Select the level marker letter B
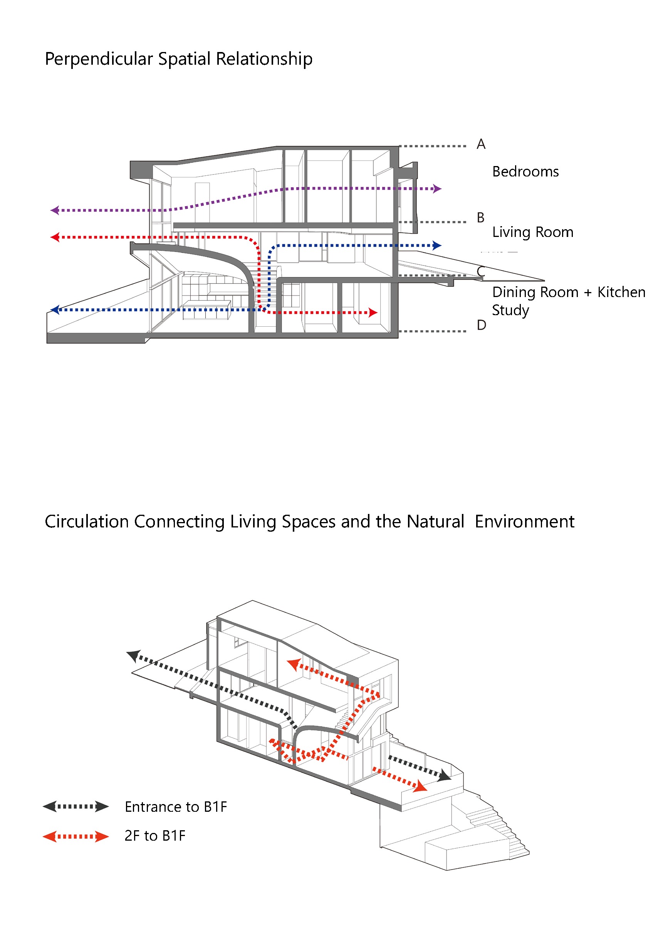point(480,218)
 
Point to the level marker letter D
point(481,325)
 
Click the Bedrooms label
point(525,172)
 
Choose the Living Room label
point(532,232)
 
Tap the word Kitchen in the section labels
point(621,292)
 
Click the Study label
point(510,311)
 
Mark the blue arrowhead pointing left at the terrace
point(55,309)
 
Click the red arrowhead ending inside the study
point(373,312)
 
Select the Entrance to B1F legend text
point(176,807)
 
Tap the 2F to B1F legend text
point(154,836)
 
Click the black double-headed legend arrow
point(76,806)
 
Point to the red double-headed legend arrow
point(76,836)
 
